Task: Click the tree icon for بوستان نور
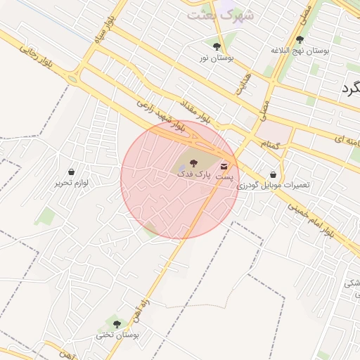(x=217, y=46)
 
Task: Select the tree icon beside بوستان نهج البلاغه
(x=301, y=40)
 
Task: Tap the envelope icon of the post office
(x=224, y=167)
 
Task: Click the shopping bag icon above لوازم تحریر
(x=71, y=172)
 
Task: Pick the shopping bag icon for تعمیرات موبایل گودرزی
(x=273, y=174)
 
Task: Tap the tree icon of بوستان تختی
(x=117, y=324)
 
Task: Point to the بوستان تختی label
(x=117, y=335)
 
